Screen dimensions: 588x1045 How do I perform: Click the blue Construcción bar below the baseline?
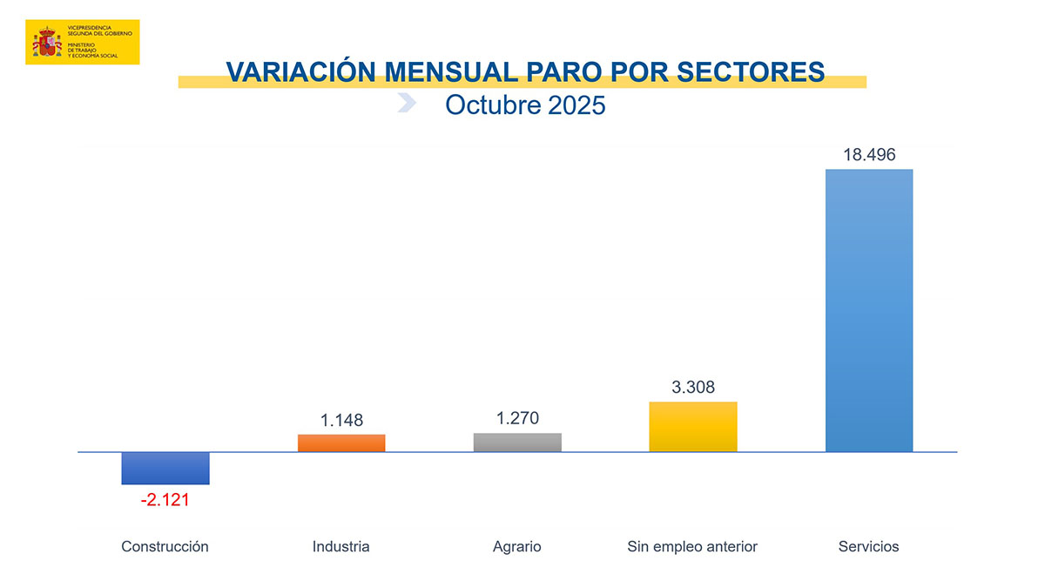(x=165, y=468)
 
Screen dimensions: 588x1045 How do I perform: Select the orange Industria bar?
(x=341, y=443)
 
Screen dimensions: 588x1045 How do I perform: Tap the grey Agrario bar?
(x=517, y=442)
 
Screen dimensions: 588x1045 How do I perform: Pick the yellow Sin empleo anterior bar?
(x=693, y=426)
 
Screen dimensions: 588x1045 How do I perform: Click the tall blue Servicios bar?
(x=869, y=310)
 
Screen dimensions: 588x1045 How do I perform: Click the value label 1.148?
(x=341, y=420)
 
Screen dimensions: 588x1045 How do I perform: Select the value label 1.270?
(x=517, y=418)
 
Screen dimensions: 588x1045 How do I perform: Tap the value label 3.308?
(x=693, y=387)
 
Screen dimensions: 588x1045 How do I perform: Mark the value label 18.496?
(x=869, y=155)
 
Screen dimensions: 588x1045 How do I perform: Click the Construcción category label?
(x=165, y=547)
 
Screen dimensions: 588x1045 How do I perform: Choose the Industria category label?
(x=341, y=547)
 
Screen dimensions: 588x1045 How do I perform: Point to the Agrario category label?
(x=517, y=547)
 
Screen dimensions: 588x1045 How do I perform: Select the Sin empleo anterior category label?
(x=692, y=547)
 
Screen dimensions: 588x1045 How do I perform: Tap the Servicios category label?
(x=868, y=547)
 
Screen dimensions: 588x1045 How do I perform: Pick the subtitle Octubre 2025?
(x=524, y=105)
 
